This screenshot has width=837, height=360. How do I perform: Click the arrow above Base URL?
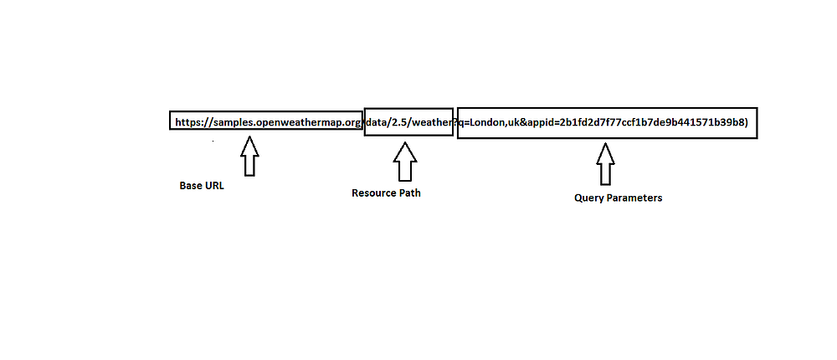249,157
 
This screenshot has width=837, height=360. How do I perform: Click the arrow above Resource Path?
405,162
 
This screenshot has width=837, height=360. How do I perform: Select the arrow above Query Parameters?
604,164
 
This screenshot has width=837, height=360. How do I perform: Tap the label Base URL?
202,186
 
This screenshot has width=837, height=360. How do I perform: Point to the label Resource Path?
386,193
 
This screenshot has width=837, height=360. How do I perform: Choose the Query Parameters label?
618,198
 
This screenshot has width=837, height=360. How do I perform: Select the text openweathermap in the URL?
299,123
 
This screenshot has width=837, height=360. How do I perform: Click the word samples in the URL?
234,123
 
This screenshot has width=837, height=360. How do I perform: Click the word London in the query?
487,123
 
